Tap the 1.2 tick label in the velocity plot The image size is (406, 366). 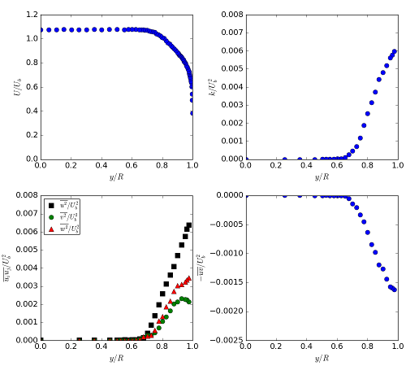[x=30, y=15]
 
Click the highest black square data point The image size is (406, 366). [x=189, y=225]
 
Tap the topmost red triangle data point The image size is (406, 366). [x=188, y=278]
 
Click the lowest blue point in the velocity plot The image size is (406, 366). [x=192, y=113]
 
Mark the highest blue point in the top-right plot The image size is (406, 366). [x=395, y=51]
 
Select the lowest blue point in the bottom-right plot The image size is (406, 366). [x=395, y=290]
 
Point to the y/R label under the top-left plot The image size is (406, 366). [x=116, y=177]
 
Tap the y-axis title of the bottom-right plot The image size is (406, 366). [x=212, y=268]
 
